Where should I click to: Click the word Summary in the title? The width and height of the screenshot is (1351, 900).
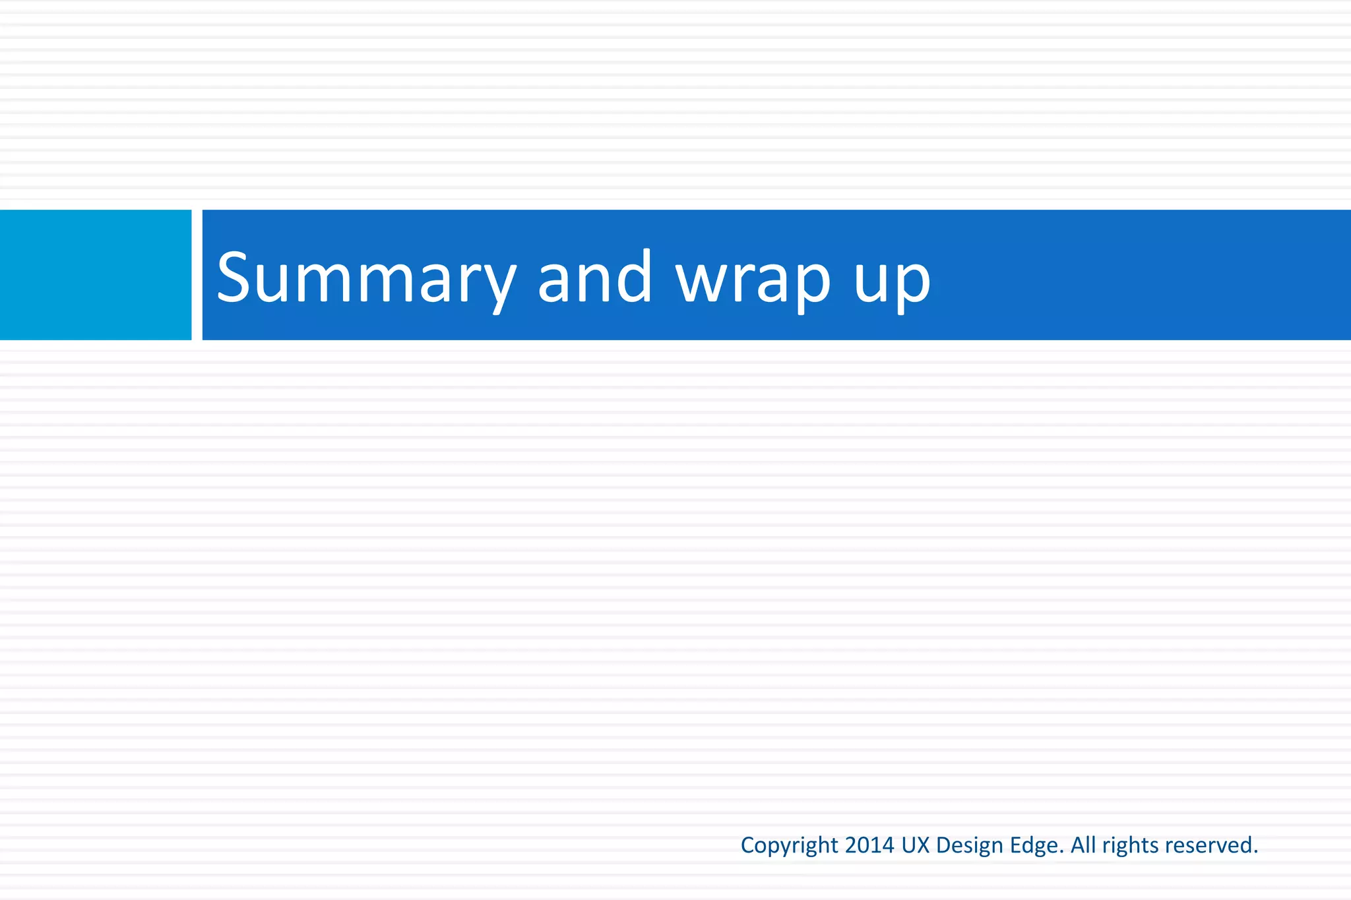[365, 278]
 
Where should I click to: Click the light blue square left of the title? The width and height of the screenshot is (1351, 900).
[95, 275]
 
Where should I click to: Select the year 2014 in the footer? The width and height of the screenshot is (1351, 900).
[869, 845]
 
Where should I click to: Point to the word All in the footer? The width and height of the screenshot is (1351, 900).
[1083, 845]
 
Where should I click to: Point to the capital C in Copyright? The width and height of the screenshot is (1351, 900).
[748, 845]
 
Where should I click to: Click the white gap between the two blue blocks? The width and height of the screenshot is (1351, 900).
[197, 275]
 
